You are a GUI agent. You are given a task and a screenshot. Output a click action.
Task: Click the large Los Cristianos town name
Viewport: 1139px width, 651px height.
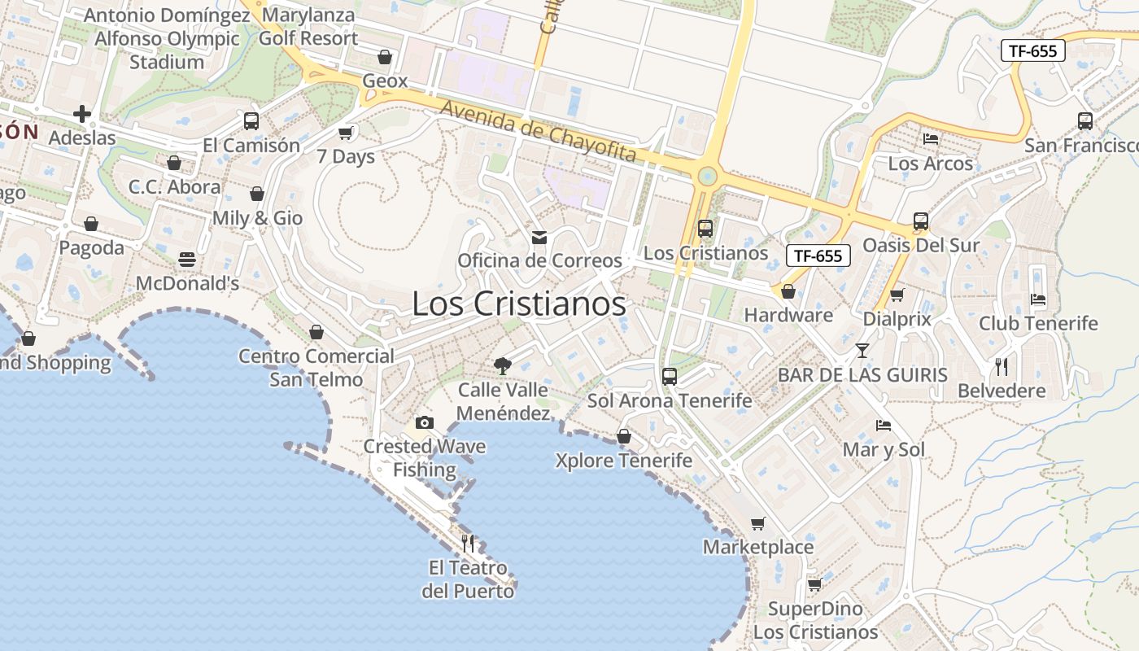coord(519,304)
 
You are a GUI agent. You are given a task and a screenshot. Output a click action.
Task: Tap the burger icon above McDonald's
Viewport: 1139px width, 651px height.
coord(187,260)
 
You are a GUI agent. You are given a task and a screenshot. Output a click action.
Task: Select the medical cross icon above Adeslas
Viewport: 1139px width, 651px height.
coord(82,114)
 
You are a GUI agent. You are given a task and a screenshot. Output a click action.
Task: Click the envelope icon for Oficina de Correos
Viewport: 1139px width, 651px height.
coord(539,238)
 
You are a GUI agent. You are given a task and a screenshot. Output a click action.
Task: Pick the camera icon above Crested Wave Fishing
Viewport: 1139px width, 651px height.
coord(424,422)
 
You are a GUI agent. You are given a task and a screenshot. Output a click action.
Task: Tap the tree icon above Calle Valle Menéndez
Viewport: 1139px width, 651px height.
coord(503,366)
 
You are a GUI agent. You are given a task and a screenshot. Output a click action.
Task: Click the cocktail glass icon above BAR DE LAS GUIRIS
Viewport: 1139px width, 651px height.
coord(862,351)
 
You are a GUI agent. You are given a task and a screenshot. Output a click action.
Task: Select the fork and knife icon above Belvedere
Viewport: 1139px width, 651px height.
coord(1002,367)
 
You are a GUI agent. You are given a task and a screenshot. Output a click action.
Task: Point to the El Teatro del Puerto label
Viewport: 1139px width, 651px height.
coord(468,579)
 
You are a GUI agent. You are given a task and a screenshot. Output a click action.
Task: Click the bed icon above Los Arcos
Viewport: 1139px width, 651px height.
coord(931,139)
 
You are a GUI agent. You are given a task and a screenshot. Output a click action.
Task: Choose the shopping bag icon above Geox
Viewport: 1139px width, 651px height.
coord(385,57)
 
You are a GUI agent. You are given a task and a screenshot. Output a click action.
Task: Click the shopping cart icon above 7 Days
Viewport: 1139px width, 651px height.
coord(346,133)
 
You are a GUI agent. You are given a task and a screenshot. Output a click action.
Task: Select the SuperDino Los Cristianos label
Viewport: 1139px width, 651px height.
coord(815,620)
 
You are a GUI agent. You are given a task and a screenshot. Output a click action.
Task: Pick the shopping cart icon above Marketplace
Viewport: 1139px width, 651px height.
coord(757,523)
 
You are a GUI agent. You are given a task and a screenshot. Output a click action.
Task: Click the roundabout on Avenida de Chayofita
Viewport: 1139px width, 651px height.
coord(708,176)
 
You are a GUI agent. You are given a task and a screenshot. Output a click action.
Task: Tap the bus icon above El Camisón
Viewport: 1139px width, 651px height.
coord(251,121)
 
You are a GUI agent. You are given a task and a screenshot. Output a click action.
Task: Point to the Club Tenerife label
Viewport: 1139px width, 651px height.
coord(1038,323)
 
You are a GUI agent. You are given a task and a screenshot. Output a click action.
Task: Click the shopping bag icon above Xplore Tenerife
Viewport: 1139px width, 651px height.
coord(624,437)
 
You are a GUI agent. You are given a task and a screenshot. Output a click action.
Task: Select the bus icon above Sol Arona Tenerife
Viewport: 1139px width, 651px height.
coord(670,376)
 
